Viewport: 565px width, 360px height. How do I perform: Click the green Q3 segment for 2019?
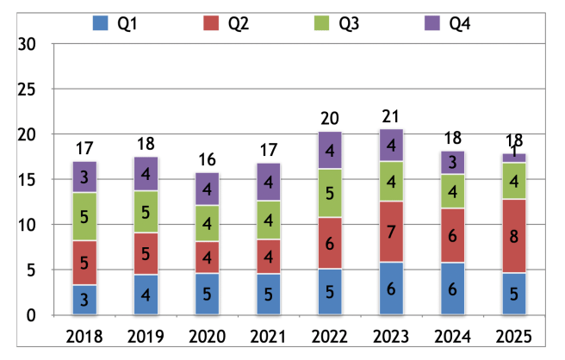coord(145,212)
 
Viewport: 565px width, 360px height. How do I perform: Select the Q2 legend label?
coord(238,24)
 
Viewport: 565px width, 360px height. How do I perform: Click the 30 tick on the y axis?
coord(28,44)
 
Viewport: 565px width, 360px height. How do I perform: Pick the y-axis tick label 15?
coord(28,180)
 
